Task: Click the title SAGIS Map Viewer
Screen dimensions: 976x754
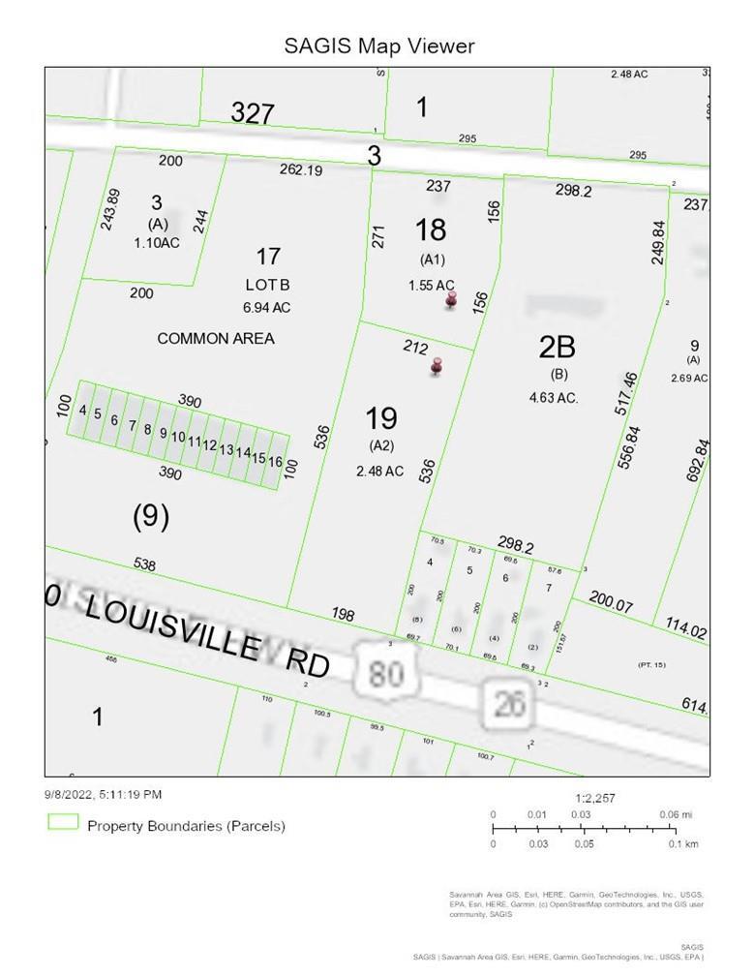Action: click(379, 46)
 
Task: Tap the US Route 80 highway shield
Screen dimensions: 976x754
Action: click(385, 670)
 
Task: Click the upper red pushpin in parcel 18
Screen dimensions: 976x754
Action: click(451, 301)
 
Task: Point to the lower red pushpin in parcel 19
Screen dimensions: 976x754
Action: click(437, 367)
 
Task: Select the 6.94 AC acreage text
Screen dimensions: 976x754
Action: click(268, 308)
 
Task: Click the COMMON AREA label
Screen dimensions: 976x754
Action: click(216, 338)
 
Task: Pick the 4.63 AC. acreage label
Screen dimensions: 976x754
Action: click(554, 397)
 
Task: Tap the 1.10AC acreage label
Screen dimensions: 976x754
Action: click(157, 242)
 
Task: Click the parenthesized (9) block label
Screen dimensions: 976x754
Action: click(151, 517)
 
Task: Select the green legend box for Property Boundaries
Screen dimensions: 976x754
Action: click(64, 823)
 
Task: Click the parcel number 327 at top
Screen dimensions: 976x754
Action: click(253, 113)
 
